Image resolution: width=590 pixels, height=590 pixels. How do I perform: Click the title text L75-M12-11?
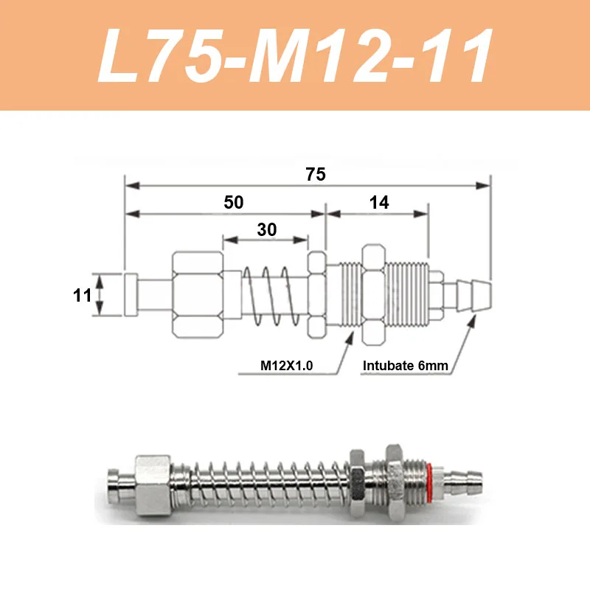pos(295,56)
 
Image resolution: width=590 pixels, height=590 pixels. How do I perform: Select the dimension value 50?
pos(234,203)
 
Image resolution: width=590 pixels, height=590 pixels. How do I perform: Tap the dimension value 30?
pos(267,229)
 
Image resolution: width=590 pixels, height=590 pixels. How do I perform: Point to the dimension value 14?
pos(379,203)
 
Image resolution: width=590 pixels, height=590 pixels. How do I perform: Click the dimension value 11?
pos(82,296)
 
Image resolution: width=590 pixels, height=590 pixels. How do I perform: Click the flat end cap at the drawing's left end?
pos(131,295)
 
